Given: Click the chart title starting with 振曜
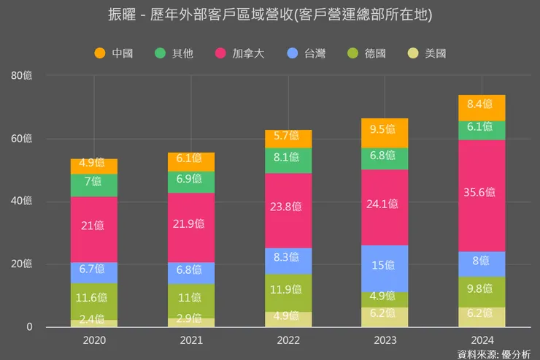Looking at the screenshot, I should (x=269, y=15).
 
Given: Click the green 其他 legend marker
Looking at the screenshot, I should (x=161, y=53).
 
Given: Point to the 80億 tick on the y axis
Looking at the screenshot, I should (x=22, y=75).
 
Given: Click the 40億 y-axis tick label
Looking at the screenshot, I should (x=22, y=202).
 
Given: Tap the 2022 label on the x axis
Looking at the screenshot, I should (x=288, y=340).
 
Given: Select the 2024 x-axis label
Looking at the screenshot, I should (x=482, y=340).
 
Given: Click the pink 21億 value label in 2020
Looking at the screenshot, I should (x=94, y=226).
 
